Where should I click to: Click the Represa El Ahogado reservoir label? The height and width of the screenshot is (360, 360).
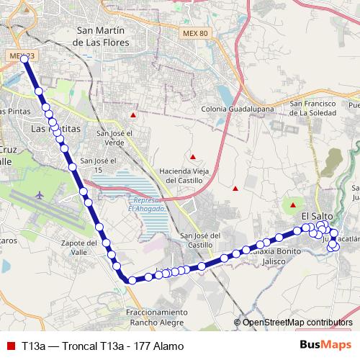click(148, 204)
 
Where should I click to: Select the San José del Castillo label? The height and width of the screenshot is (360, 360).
click(202, 241)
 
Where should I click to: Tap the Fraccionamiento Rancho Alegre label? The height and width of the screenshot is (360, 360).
click(158, 317)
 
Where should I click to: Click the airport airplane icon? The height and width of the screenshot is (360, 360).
click(40, 194)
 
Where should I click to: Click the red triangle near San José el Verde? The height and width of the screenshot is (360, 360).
click(133, 114)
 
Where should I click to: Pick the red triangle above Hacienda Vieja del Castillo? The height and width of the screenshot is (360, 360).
click(193, 156)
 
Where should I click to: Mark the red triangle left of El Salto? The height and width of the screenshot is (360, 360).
click(292, 207)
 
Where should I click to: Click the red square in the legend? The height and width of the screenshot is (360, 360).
click(11, 346)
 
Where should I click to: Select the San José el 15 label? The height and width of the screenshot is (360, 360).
click(95, 165)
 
